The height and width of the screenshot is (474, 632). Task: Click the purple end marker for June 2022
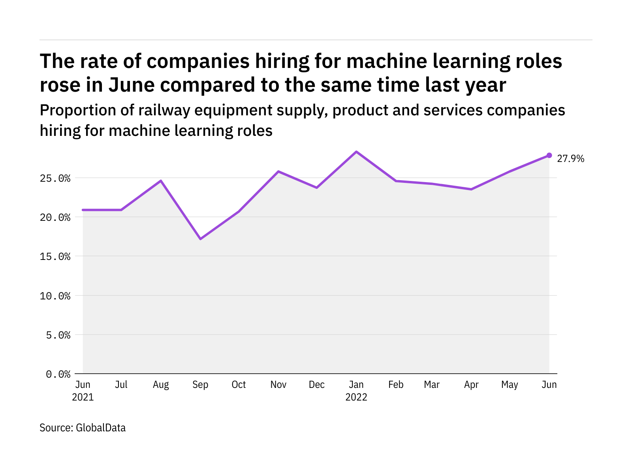tap(549, 155)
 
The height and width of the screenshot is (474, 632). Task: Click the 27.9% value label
tap(570, 159)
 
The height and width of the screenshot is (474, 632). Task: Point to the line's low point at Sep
tap(200, 239)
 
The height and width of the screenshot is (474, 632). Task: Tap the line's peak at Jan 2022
tap(356, 152)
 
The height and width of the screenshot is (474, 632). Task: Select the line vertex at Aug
tap(161, 181)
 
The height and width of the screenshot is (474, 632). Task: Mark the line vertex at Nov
tap(278, 171)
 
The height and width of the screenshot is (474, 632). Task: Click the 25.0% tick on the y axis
tap(55, 179)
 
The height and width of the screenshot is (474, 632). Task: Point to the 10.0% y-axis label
tap(55, 296)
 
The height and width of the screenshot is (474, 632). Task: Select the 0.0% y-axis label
tap(58, 374)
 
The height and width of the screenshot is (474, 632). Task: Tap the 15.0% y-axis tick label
tap(55, 257)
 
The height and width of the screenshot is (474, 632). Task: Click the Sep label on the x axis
tap(200, 385)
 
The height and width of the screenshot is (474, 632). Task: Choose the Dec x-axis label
tap(317, 385)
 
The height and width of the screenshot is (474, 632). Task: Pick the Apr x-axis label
tap(471, 385)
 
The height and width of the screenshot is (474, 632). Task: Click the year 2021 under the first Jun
tap(83, 397)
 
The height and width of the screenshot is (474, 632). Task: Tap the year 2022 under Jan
tap(356, 397)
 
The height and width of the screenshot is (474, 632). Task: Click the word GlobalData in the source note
tap(101, 428)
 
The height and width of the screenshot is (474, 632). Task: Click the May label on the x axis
tap(510, 385)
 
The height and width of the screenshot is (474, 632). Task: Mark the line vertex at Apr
tap(471, 189)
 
